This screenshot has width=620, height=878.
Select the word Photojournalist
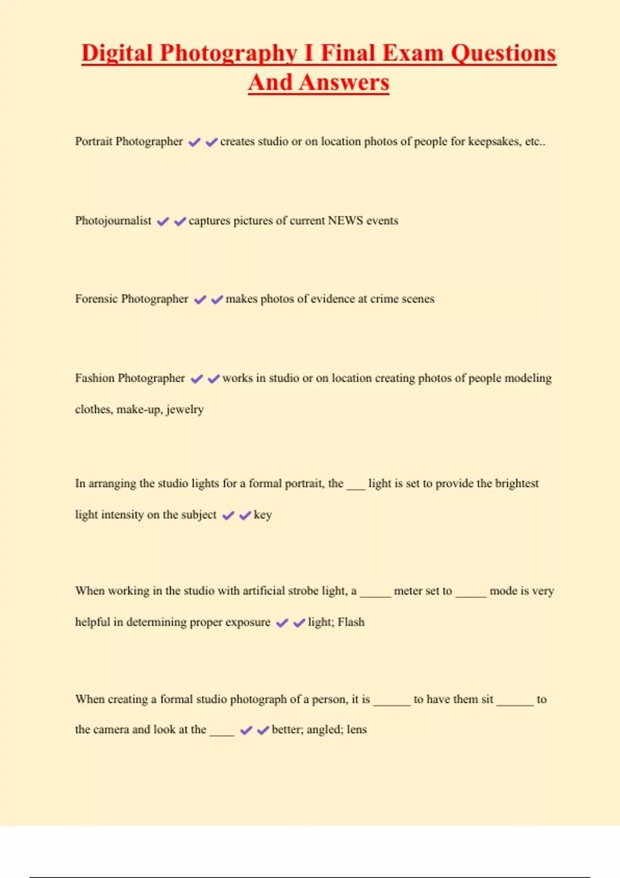(x=113, y=221)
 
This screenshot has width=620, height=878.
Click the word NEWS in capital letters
(x=346, y=221)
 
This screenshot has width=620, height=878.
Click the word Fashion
(x=95, y=378)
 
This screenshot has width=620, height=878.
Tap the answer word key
(x=263, y=515)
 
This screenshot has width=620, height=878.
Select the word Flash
(x=351, y=622)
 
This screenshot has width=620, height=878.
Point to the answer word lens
(x=357, y=730)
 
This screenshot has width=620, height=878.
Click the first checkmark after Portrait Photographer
(x=194, y=142)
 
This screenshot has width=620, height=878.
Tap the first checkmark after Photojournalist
(x=163, y=222)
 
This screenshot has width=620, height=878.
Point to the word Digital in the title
(x=117, y=53)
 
